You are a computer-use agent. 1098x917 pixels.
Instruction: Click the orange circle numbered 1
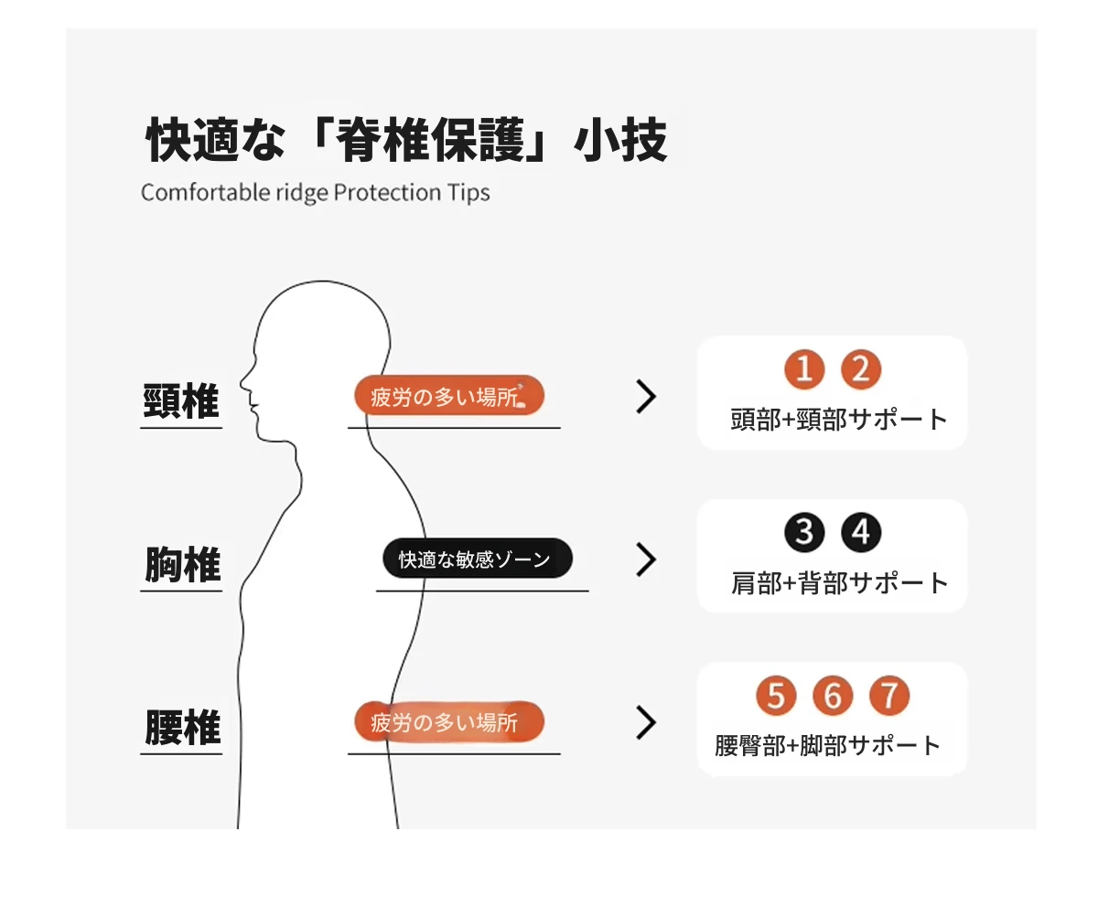(x=804, y=368)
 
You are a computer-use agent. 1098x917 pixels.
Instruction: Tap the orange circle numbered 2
(x=861, y=368)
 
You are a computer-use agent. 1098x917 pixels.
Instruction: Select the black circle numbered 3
(x=804, y=532)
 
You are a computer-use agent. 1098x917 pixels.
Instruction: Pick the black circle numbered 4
(x=861, y=532)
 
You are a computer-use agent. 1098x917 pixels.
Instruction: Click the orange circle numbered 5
(x=776, y=695)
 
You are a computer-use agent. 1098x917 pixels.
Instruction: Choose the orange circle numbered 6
(x=833, y=695)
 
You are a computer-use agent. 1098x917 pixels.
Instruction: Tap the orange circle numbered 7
(x=889, y=695)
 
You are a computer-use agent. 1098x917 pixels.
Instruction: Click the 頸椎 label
(x=181, y=401)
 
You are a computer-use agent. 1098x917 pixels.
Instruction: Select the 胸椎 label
(x=182, y=564)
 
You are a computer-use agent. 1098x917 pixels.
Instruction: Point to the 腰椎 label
(x=182, y=728)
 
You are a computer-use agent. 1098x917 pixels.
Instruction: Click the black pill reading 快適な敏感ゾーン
(x=478, y=558)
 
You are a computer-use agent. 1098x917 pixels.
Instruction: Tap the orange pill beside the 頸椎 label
(x=449, y=395)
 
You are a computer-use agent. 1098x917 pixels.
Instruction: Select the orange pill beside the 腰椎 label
(x=449, y=721)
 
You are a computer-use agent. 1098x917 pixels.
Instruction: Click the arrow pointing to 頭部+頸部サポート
(x=647, y=396)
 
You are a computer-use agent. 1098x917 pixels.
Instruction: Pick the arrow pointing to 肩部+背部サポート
(x=647, y=560)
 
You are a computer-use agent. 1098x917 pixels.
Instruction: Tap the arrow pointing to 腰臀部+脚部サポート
(x=647, y=722)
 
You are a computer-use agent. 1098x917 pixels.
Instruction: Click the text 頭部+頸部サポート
(x=839, y=420)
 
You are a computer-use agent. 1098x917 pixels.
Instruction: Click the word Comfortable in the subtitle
(x=206, y=192)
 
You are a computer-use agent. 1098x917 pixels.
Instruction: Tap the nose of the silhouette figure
(x=242, y=382)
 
